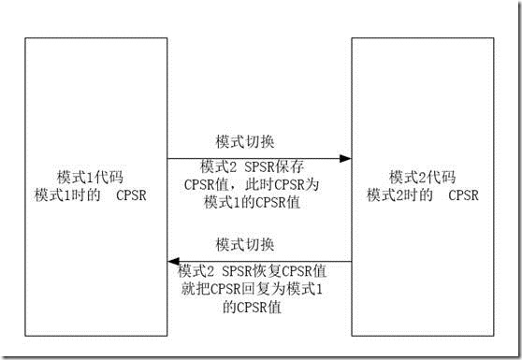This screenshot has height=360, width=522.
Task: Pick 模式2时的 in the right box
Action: (x=400, y=194)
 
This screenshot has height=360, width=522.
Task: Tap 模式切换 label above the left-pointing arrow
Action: (x=245, y=246)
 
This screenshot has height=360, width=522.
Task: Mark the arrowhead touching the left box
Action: (x=173, y=262)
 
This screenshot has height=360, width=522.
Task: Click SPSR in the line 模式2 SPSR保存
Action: (x=250, y=166)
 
